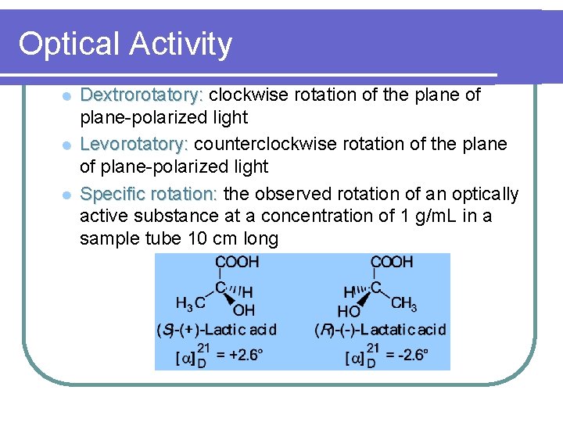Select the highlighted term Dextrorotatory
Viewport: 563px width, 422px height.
coord(142,95)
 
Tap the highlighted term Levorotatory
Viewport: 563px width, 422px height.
coord(134,145)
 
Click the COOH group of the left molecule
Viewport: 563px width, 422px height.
coord(237,263)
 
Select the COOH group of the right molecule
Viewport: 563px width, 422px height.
coord(392,263)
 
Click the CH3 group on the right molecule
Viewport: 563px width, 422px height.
coord(404,303)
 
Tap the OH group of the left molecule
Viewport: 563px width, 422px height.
coord(245,311)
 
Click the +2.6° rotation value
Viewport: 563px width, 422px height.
coord(239,356)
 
